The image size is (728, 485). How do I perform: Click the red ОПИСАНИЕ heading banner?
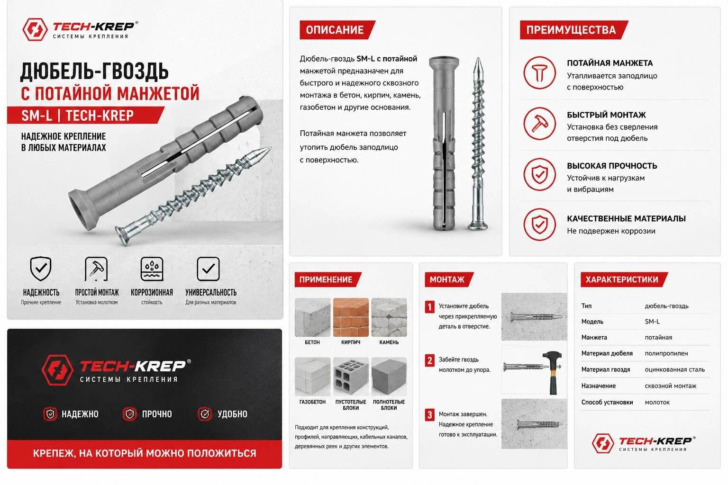[337, 30]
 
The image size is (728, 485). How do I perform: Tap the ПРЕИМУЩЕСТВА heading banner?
[573, 30]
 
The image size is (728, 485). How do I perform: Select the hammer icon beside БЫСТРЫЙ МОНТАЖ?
[539, 124]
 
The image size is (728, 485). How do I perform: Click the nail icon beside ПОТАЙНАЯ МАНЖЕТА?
[539, 73]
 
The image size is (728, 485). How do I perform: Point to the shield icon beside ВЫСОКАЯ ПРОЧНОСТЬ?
[539, 174]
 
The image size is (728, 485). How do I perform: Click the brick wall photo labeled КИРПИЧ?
[351, 317]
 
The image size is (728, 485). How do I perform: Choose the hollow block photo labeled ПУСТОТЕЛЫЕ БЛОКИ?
[351, 377]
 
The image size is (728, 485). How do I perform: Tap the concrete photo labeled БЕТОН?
[312, 317]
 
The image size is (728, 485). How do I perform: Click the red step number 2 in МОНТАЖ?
[430, 360]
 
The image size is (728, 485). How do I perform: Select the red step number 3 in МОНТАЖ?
[430, 415]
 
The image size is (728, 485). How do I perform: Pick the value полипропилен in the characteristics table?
[666, 353]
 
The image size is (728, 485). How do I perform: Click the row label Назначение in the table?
[598, 386]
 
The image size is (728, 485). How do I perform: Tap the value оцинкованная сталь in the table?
[675, 370]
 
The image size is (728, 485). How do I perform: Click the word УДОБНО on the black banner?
[232, 414]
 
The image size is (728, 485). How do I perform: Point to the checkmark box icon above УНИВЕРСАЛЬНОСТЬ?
[208, 269]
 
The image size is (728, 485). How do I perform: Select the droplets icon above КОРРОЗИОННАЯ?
[152, 269]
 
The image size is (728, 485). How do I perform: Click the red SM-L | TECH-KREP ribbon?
[85, 115]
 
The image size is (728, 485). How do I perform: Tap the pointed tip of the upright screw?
[478, 58]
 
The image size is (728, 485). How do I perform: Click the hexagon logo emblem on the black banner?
[57, 370]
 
